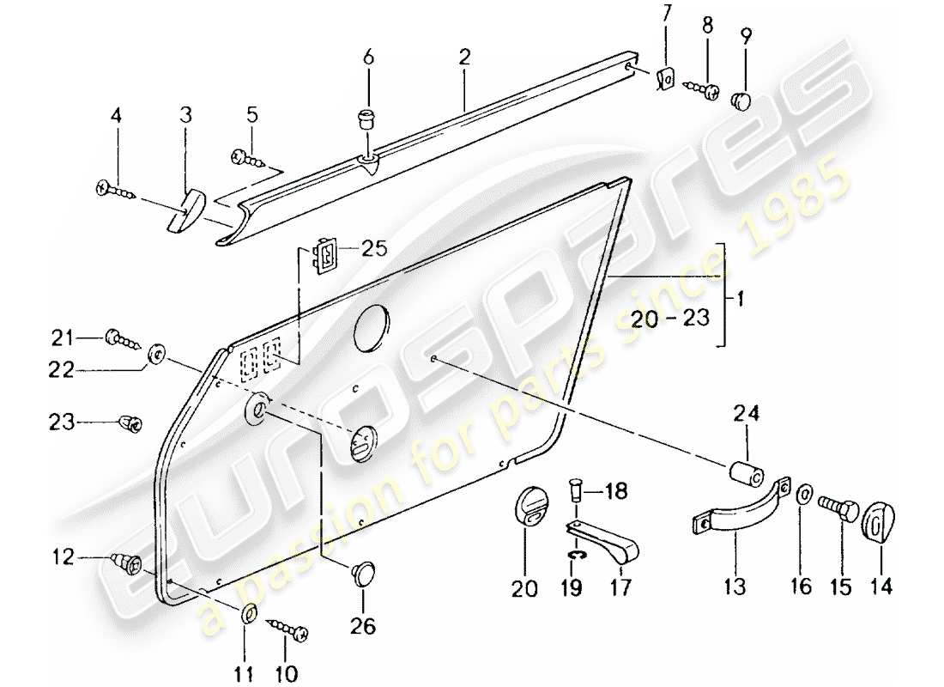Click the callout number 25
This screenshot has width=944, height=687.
pyautogui.click(x=373, y=250)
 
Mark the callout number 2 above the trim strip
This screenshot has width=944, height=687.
pyautogui.click(x=463, y=58)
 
